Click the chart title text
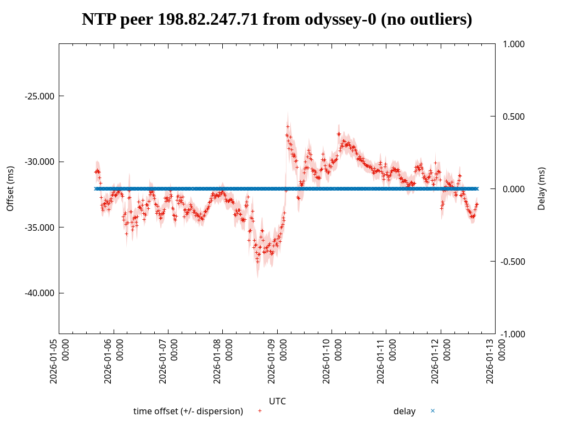click(277, 20)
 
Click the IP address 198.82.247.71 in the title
click(207, 20)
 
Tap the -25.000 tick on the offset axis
click(40, 96)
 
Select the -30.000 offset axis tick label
click(40, 162)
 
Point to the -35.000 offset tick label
click(40, 227)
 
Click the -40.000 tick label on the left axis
click(40, 293)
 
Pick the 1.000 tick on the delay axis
click(515, 44)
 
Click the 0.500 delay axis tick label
click(515, 116)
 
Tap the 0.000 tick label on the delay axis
click(515, 189)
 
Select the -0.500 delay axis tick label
click(514, 262)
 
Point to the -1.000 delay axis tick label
click(514, 334)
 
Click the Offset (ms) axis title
click(10, 188)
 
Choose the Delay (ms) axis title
click(542, 188)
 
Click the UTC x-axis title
click(277, 401)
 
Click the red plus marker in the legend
click(260, 411)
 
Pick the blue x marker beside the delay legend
click(432, 411)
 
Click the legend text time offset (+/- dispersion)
click(188, 411)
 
